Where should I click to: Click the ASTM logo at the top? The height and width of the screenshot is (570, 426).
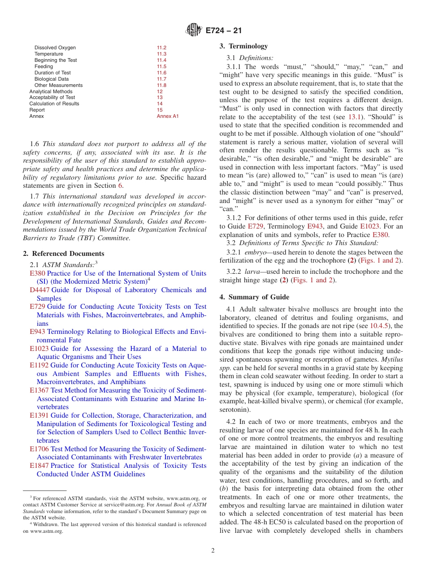(194, 30)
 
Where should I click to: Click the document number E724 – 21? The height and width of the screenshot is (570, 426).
(224, 31)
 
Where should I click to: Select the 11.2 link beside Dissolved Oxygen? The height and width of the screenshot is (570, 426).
(161, 47)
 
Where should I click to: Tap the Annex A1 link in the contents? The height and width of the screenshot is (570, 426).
(167, 116)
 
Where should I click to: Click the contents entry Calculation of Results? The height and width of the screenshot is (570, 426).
(54, 104)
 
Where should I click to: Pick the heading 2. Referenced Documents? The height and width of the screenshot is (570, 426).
(64, 254)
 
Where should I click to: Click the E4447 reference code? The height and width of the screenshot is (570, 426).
(39, 290)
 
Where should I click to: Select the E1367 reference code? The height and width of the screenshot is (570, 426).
(39, 390)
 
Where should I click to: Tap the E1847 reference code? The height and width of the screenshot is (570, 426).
(39, 466)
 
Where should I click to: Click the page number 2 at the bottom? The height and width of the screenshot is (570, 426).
(213, 551)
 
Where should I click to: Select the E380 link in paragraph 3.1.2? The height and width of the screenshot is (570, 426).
(381, 234)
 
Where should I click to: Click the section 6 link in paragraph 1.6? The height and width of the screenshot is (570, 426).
(120, 186)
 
